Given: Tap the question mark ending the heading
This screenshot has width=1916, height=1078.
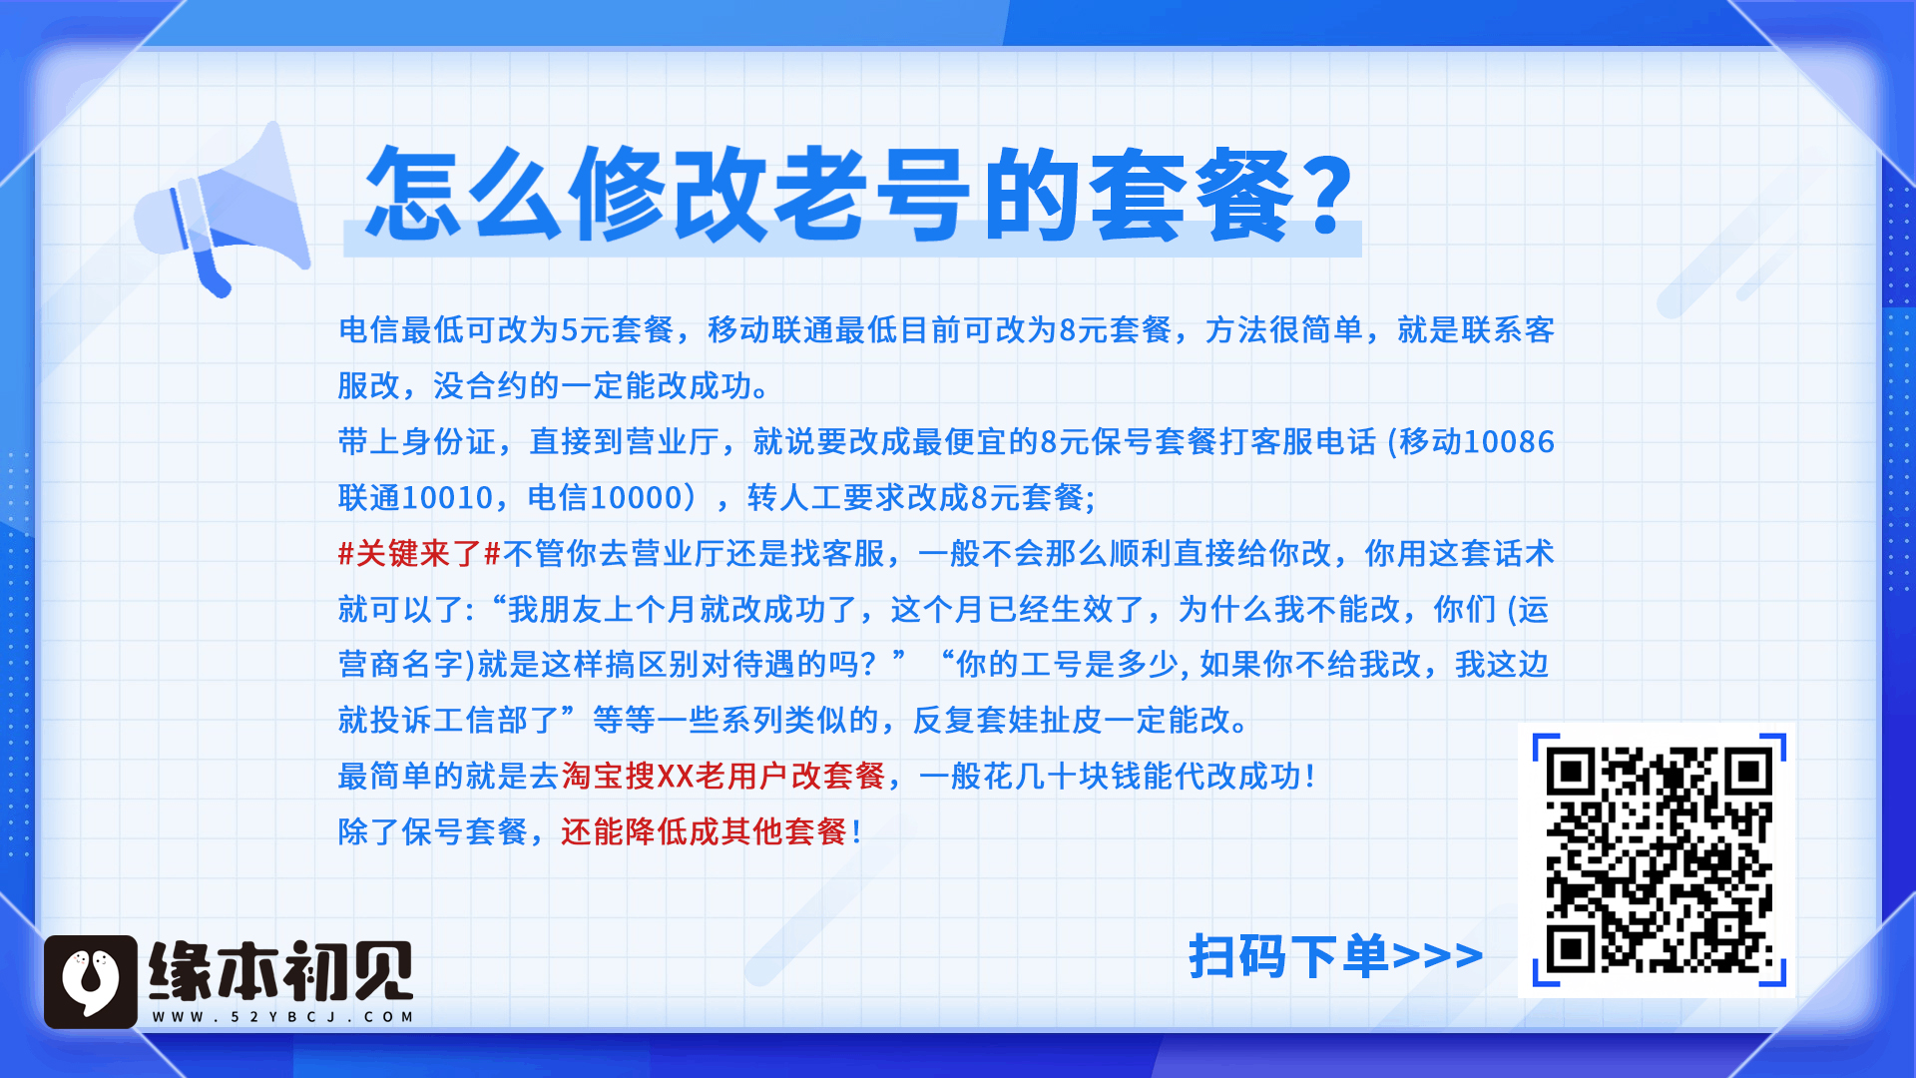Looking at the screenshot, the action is tap(1326, 197).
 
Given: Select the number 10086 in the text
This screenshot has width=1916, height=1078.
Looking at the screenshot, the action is tap(1509, 441).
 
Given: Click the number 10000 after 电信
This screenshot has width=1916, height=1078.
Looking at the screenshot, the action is tap(637, 497).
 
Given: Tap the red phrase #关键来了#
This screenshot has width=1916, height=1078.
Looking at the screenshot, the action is tap(419, 553).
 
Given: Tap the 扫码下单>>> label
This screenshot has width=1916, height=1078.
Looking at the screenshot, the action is tap(1335, 956).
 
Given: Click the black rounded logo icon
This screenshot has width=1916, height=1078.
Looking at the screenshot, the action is tap(91, 981).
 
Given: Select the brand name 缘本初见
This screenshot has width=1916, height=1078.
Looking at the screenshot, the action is tap(281, 970).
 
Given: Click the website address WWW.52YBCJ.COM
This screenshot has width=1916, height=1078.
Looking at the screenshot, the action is tap(282, 1017).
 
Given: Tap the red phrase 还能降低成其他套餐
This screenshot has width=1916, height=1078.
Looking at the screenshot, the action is tap(705, 831).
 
